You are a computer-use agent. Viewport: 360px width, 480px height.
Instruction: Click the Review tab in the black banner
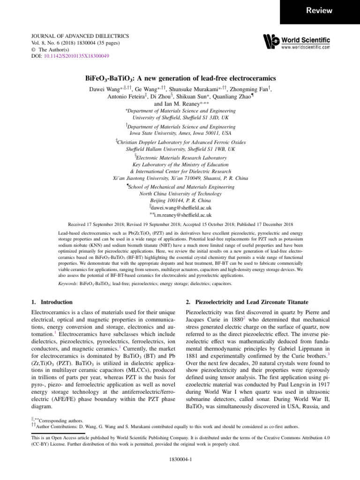(320, 10)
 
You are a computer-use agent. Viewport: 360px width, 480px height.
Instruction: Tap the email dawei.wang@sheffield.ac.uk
(182, 207)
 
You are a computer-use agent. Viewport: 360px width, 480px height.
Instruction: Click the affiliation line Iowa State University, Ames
(180, 133)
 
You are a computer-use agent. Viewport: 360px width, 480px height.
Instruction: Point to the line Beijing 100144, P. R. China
(180, 200)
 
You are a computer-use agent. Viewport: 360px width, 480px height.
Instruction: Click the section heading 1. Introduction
(50, 302)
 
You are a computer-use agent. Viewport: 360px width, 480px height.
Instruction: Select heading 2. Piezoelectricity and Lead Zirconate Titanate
(248, 302)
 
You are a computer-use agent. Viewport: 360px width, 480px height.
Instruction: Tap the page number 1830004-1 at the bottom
(180, 460)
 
